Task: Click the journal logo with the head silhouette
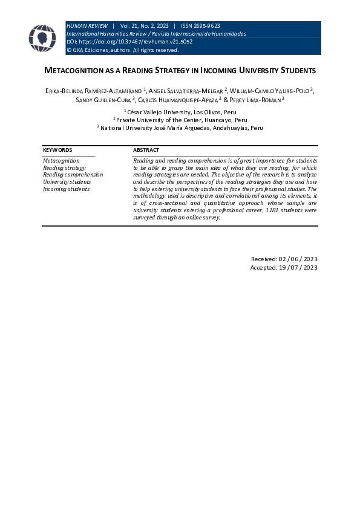42,38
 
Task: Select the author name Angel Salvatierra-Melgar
186,90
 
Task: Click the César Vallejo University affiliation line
180,112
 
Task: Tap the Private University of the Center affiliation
180,120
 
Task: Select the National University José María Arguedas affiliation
180,128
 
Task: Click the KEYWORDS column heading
57,149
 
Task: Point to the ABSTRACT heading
146,149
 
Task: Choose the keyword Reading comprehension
73,175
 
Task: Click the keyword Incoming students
66,189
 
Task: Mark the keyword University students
67,182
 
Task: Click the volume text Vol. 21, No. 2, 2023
144,26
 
